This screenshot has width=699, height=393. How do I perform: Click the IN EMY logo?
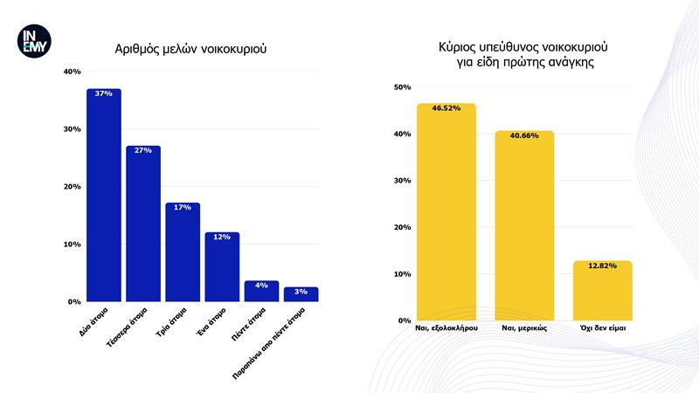tap(34, 41)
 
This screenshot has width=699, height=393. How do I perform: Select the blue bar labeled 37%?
tap(104, 195)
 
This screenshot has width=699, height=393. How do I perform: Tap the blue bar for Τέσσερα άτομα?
tap(143, 224)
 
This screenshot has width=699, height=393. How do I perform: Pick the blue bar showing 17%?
tap(183, 252)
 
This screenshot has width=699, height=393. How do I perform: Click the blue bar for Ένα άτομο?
tap(222, 267)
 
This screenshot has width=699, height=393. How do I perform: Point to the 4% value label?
tap(261, 286)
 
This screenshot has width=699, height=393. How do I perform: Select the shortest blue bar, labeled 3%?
tap(301, 294)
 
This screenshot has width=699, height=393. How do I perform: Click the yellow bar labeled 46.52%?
tap(446, 212)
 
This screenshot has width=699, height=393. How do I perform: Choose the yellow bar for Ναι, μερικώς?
tap(524, 225)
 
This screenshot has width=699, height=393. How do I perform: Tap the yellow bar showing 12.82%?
tap(602, 291)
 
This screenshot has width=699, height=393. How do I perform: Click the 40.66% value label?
tap(524, 135)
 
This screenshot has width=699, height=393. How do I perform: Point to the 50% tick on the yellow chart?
tap(402, 87)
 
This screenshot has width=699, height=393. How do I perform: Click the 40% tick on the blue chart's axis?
tap(73, 72)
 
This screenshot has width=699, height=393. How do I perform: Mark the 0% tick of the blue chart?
tap(74, 302)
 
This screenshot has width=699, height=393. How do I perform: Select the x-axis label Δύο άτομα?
tap(93, 321)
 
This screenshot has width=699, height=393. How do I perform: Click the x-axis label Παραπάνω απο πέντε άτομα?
tap(269, 343)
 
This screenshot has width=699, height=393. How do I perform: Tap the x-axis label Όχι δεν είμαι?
tap(603, 328)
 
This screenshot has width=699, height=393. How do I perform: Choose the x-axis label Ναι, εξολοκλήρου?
tap(446, 328)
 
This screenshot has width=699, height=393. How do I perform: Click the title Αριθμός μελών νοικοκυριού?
tap(190, 49)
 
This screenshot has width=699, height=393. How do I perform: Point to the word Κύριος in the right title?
tap(457, 47)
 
